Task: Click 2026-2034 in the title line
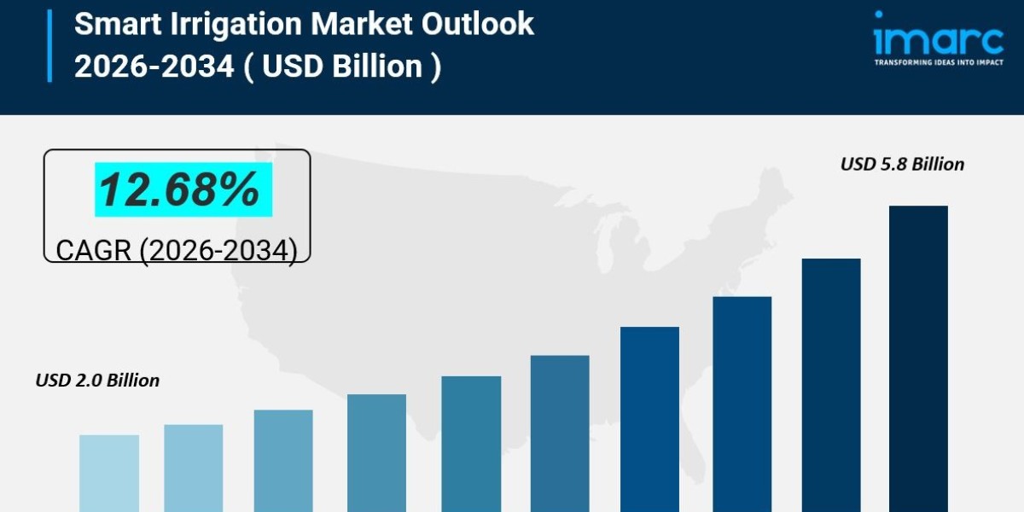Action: [154, 66]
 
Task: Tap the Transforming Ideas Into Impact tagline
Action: [938, 62]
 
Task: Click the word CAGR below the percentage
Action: [92, 250]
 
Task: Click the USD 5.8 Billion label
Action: [902, 164]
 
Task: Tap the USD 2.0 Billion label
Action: [97, 381]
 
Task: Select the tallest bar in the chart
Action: [918, 358]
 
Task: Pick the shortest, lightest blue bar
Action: [109, 473]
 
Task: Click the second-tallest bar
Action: [831, 384]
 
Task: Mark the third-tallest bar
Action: [742, 404]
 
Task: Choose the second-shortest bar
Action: [194, 468]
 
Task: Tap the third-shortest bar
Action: [283, 461]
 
